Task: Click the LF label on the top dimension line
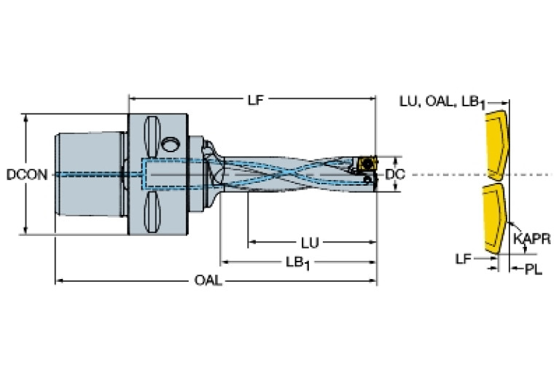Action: [255, 101]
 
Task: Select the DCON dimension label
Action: [27, 175]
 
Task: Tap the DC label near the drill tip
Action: [394, 175]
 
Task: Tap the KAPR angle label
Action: [531, 239]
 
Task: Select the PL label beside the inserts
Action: [534, 270]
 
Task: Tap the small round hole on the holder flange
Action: [171, 143]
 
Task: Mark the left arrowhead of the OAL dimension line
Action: [59, 280]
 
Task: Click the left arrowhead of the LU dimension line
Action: [251, 241]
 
